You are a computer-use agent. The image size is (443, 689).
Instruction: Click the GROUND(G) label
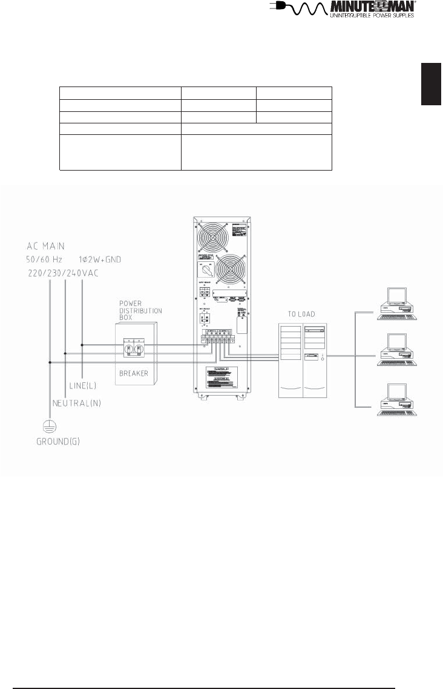[x=57, y=442]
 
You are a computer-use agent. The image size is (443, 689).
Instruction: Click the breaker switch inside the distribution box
[x=135, y=348]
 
